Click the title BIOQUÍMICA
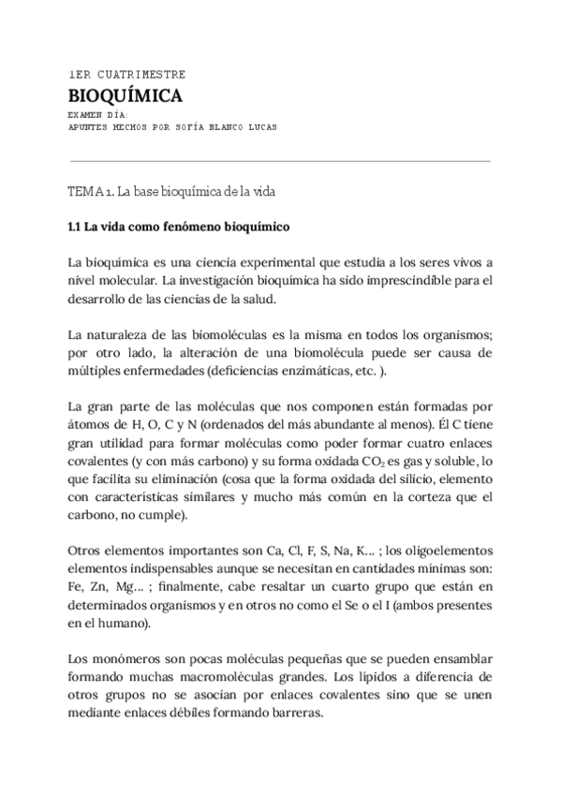click(x=125, y=96)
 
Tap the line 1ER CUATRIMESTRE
click(x=127, y=74)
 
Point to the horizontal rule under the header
click(x=280, y=161)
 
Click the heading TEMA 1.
click(x=90, y=191)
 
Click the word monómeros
click(x=128, y=657)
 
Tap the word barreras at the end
click(x=293, y=711)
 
